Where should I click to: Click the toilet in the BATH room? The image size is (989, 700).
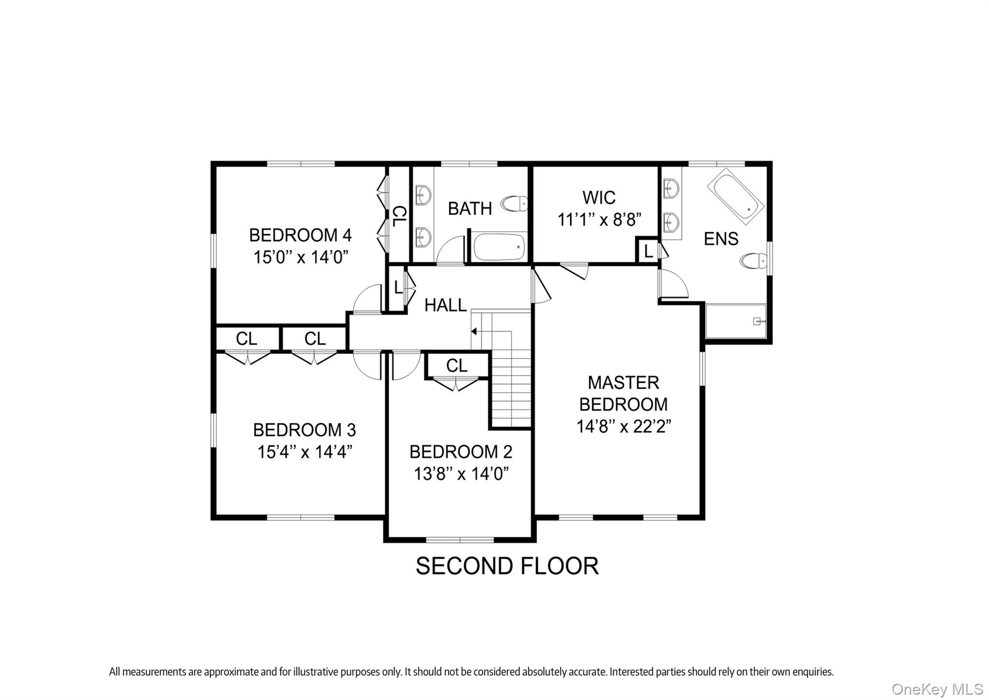514,204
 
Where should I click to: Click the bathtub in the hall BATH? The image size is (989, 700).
499,247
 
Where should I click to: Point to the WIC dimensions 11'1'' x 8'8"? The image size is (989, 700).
599,220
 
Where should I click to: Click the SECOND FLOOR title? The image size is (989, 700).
507,566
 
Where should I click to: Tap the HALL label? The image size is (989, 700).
445,305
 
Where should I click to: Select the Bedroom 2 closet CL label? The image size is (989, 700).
456,366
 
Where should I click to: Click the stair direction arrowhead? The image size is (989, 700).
474,331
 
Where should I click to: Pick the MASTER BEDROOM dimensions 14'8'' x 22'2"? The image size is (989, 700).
623,426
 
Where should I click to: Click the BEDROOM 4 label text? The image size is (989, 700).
300,235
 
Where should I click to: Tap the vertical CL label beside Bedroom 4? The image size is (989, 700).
398,216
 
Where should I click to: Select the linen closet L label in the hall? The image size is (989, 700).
397,288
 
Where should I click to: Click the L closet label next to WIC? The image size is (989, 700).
648,251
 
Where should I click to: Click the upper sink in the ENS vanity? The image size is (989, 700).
671,188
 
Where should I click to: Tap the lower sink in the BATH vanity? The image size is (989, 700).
424,236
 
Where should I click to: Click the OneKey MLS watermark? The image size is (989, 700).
937,689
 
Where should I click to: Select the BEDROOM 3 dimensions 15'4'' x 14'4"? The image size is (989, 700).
304,452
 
